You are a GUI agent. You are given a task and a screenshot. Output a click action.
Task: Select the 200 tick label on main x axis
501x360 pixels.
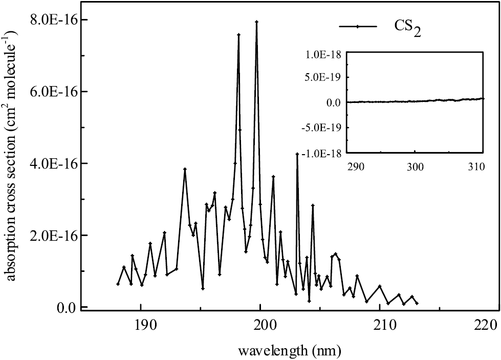click(x=260, y=325)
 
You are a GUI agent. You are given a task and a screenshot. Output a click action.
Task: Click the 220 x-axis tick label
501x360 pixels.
click(x=485, y=325)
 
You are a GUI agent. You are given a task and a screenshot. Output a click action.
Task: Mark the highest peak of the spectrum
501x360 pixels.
click(x=256, y=22)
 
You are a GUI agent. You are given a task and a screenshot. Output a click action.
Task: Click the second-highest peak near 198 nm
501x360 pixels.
click(x=238, y=35)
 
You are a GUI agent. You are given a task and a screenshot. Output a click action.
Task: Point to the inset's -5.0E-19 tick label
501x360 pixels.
click(x=323, y=127)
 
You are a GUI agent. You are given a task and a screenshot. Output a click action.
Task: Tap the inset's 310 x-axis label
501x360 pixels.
click(x=476, y=166)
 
